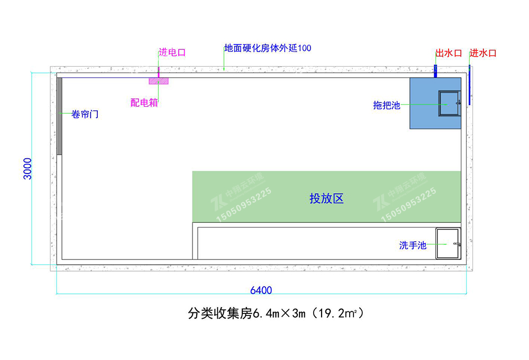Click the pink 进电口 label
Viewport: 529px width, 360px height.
click(x=172, y=52)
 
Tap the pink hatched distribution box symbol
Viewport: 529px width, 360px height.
click(x=159, y=81)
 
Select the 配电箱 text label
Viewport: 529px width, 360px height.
click(x=144, y=103)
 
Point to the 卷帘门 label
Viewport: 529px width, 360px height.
click(x=85, y=114)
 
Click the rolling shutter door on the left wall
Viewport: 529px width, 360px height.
click(x=59, y=116)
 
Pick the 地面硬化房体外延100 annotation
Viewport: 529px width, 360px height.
click(x=268, y=48)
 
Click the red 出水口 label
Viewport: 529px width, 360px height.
click(x=449, y=53)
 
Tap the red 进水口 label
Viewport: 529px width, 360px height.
click(x=483, y=53)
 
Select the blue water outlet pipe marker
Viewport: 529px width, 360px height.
click(x=435, y=71)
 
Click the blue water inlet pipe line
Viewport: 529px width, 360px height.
click(x=469, y=85)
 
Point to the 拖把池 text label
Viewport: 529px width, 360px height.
click(x=387, y=105)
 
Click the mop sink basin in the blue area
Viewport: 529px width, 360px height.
click(x=449, y=103)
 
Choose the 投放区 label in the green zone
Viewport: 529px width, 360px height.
click(x=326, y=199)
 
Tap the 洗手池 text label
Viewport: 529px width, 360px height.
click(x=413, y=245)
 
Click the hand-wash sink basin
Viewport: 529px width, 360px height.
click(x=448, y=244)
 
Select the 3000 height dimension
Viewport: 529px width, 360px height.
click(x=28, y=168)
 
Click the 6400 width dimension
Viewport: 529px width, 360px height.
click(x=261, y=290)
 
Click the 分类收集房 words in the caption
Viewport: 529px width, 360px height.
click(x=220, y=313)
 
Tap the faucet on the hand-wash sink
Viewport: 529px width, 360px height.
click(x=457, y=244)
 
